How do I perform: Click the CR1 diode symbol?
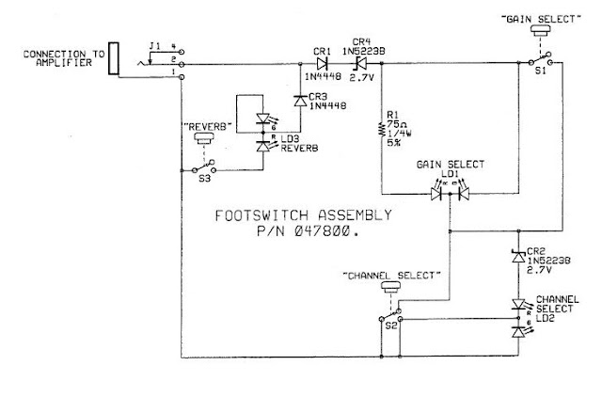(x=323, y=64)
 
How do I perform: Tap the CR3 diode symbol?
(x=298, y=97)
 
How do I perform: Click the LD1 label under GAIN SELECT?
(x=450, y=173)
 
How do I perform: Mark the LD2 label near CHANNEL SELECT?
(x=545, y=318)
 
